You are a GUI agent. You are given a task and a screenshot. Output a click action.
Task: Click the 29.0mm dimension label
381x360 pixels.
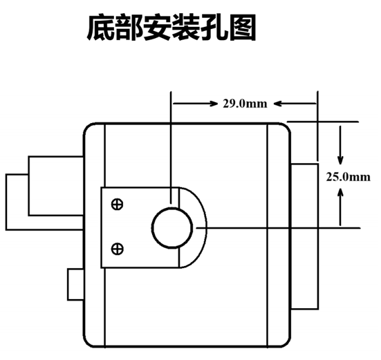click(245, 104)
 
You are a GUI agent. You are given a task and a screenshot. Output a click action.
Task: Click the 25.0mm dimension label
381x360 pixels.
click(349, 177)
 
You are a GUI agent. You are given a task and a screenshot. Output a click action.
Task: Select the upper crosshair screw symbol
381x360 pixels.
click(117, 205)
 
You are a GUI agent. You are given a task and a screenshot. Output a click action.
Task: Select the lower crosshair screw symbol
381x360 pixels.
click(117, 249)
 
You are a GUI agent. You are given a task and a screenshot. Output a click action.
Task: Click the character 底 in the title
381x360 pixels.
click(101, 27)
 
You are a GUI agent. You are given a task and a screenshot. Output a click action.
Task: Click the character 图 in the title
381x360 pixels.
click(243, 27)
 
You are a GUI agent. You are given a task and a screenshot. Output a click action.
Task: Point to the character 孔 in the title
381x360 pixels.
click(214, 27)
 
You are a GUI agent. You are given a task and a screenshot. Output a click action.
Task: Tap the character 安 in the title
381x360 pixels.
click(158, 27)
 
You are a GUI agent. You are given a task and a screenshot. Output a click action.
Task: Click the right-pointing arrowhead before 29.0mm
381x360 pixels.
click(214, 104)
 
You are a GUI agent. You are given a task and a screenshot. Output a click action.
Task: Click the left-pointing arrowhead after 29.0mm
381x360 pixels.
click(277, 104)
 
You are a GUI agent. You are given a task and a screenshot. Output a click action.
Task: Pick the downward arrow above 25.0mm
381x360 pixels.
click(340, 145)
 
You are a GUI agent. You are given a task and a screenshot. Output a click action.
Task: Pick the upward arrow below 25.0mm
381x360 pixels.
click(340, 207)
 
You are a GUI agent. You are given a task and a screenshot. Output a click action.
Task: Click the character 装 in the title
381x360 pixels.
click(186, 27)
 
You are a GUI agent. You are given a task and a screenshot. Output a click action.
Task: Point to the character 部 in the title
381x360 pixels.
click(129, 27)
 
